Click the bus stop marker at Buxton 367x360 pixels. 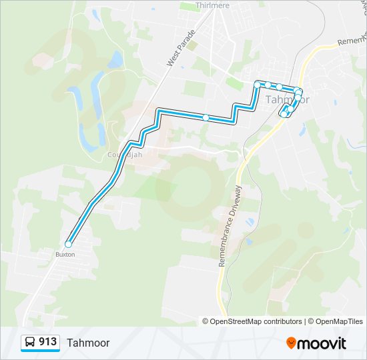pos(68,244)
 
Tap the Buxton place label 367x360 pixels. pos(65,255)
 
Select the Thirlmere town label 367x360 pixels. pos(213,5)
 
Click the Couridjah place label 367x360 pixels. pos(125,154)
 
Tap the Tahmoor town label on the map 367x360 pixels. pos(288,99)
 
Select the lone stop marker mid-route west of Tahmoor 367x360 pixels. pos(206,118)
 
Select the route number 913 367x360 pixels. pos(48,342)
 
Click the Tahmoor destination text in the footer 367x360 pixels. pos(88,343)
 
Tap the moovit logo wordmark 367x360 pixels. pos(322,343)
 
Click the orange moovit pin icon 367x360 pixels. pos(292,343)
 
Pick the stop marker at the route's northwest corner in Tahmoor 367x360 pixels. pos(258,85)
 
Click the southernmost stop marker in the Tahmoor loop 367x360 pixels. pos(284,115)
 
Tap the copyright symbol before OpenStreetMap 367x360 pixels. pos(206,321)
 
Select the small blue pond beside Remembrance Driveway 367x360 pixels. pos(250,221)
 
